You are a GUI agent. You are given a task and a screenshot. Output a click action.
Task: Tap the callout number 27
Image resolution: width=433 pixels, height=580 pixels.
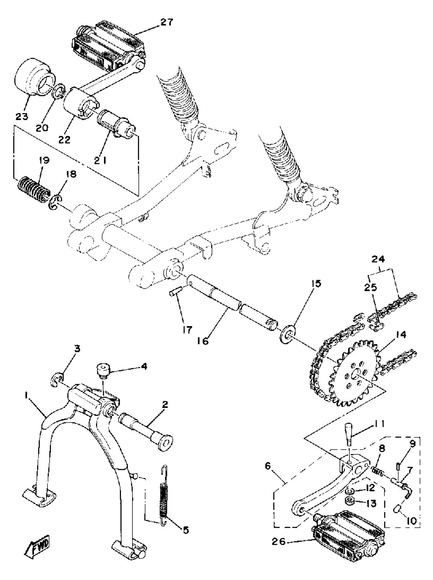click(x=167, y=22)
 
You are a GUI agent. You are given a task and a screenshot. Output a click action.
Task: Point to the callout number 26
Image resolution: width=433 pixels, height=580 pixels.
click(x=278, y=542)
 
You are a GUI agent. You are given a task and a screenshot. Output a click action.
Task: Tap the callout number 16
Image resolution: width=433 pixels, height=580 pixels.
click(x=203, y=341)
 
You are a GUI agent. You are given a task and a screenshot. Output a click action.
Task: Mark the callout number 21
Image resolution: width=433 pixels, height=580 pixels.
click(x=100, y=160)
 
